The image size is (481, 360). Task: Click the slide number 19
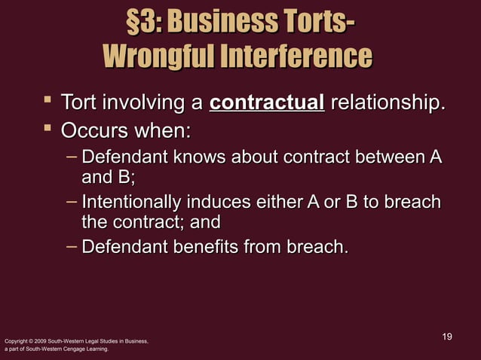pos(446,335)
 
